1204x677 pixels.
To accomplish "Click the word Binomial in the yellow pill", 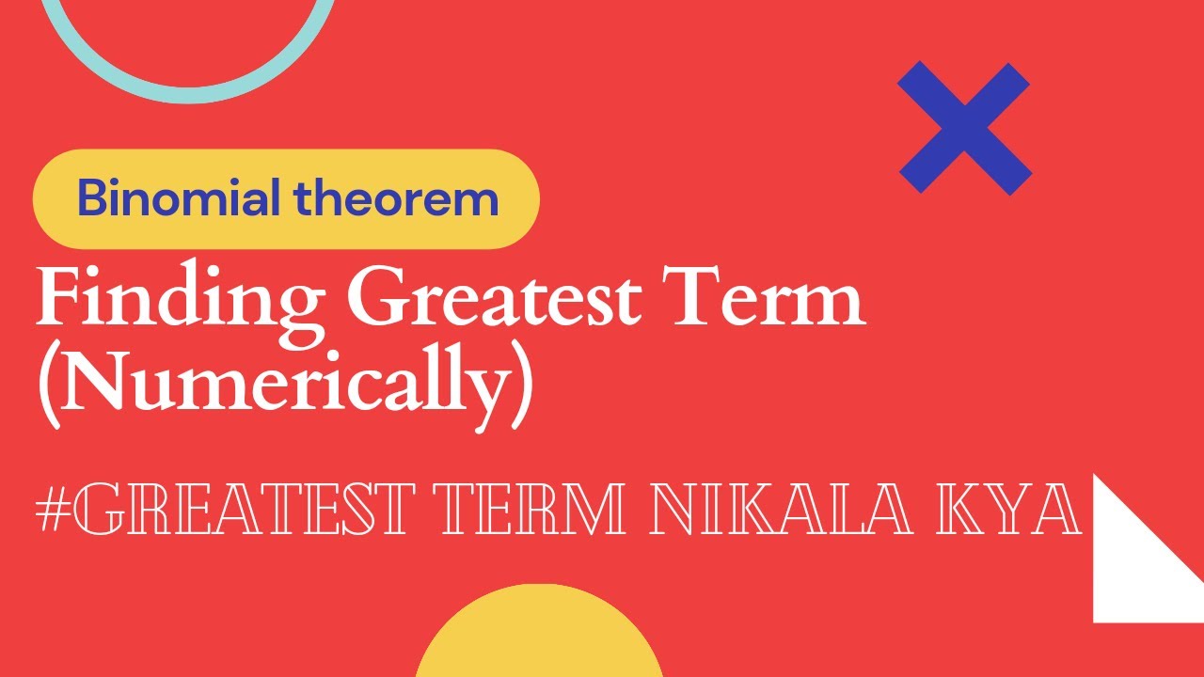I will click(180, 198).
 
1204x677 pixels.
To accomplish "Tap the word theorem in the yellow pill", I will click(396, 198).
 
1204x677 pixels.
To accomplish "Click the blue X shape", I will click(964, 128).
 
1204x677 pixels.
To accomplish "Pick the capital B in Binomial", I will click(92, 198).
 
